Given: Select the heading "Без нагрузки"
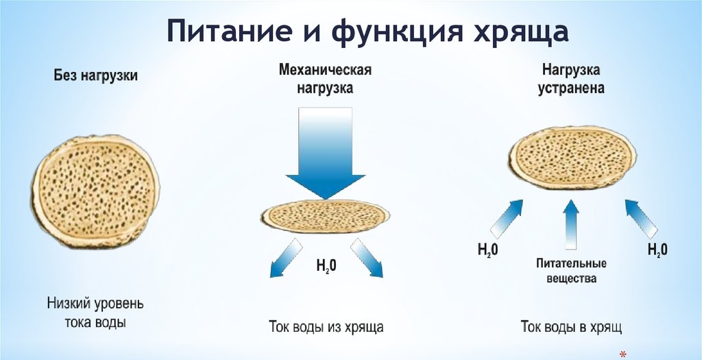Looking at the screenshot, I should point(96,76).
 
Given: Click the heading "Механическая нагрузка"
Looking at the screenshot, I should point(325,80).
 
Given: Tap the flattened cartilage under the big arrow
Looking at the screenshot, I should point(325,217).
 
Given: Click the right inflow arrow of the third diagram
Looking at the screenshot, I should point(642,217).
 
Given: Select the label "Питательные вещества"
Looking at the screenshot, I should point(571,272).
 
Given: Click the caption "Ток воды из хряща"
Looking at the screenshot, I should point(325,326).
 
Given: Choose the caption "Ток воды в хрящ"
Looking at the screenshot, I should point(571,326).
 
